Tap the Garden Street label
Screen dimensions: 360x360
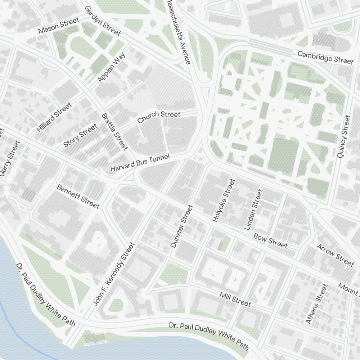(103, 21)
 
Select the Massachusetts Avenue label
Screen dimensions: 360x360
(177, 32)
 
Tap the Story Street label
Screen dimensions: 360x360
(80, 135)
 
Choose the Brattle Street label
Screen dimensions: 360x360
(115, 132)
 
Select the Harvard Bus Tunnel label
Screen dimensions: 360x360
(139, 163)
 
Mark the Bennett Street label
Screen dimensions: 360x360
(78, 197)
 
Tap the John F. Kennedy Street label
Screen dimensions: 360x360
(114, 274)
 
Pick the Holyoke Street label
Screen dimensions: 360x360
(224, 201)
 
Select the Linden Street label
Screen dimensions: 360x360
(253, 210)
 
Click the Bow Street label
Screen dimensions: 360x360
(270, 241)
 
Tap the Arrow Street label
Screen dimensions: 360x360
(335, 255)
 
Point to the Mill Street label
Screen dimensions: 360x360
(235, 299)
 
